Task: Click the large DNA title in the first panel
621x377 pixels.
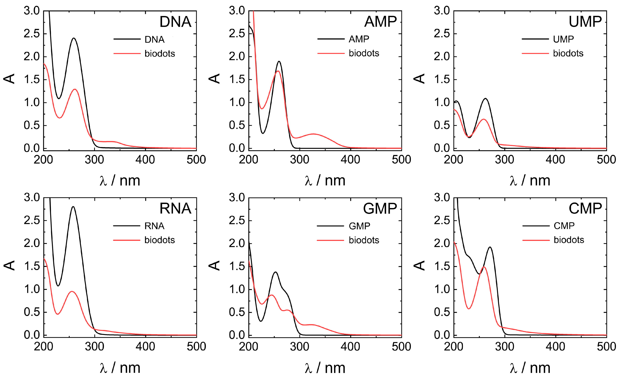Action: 175,22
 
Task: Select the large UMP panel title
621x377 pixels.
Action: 585,22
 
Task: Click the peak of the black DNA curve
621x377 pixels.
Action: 74,38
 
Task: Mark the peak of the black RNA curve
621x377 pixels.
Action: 73,207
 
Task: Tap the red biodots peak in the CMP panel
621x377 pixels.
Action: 484,267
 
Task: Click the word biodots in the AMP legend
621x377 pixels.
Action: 364,53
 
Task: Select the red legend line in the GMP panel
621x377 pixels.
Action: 330,240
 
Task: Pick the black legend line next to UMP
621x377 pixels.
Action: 535,39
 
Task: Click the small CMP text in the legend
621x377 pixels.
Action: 564,226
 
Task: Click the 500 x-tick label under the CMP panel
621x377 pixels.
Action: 606,347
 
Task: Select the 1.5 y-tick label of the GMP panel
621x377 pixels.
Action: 237,266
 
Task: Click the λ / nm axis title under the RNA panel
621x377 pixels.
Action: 120,368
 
